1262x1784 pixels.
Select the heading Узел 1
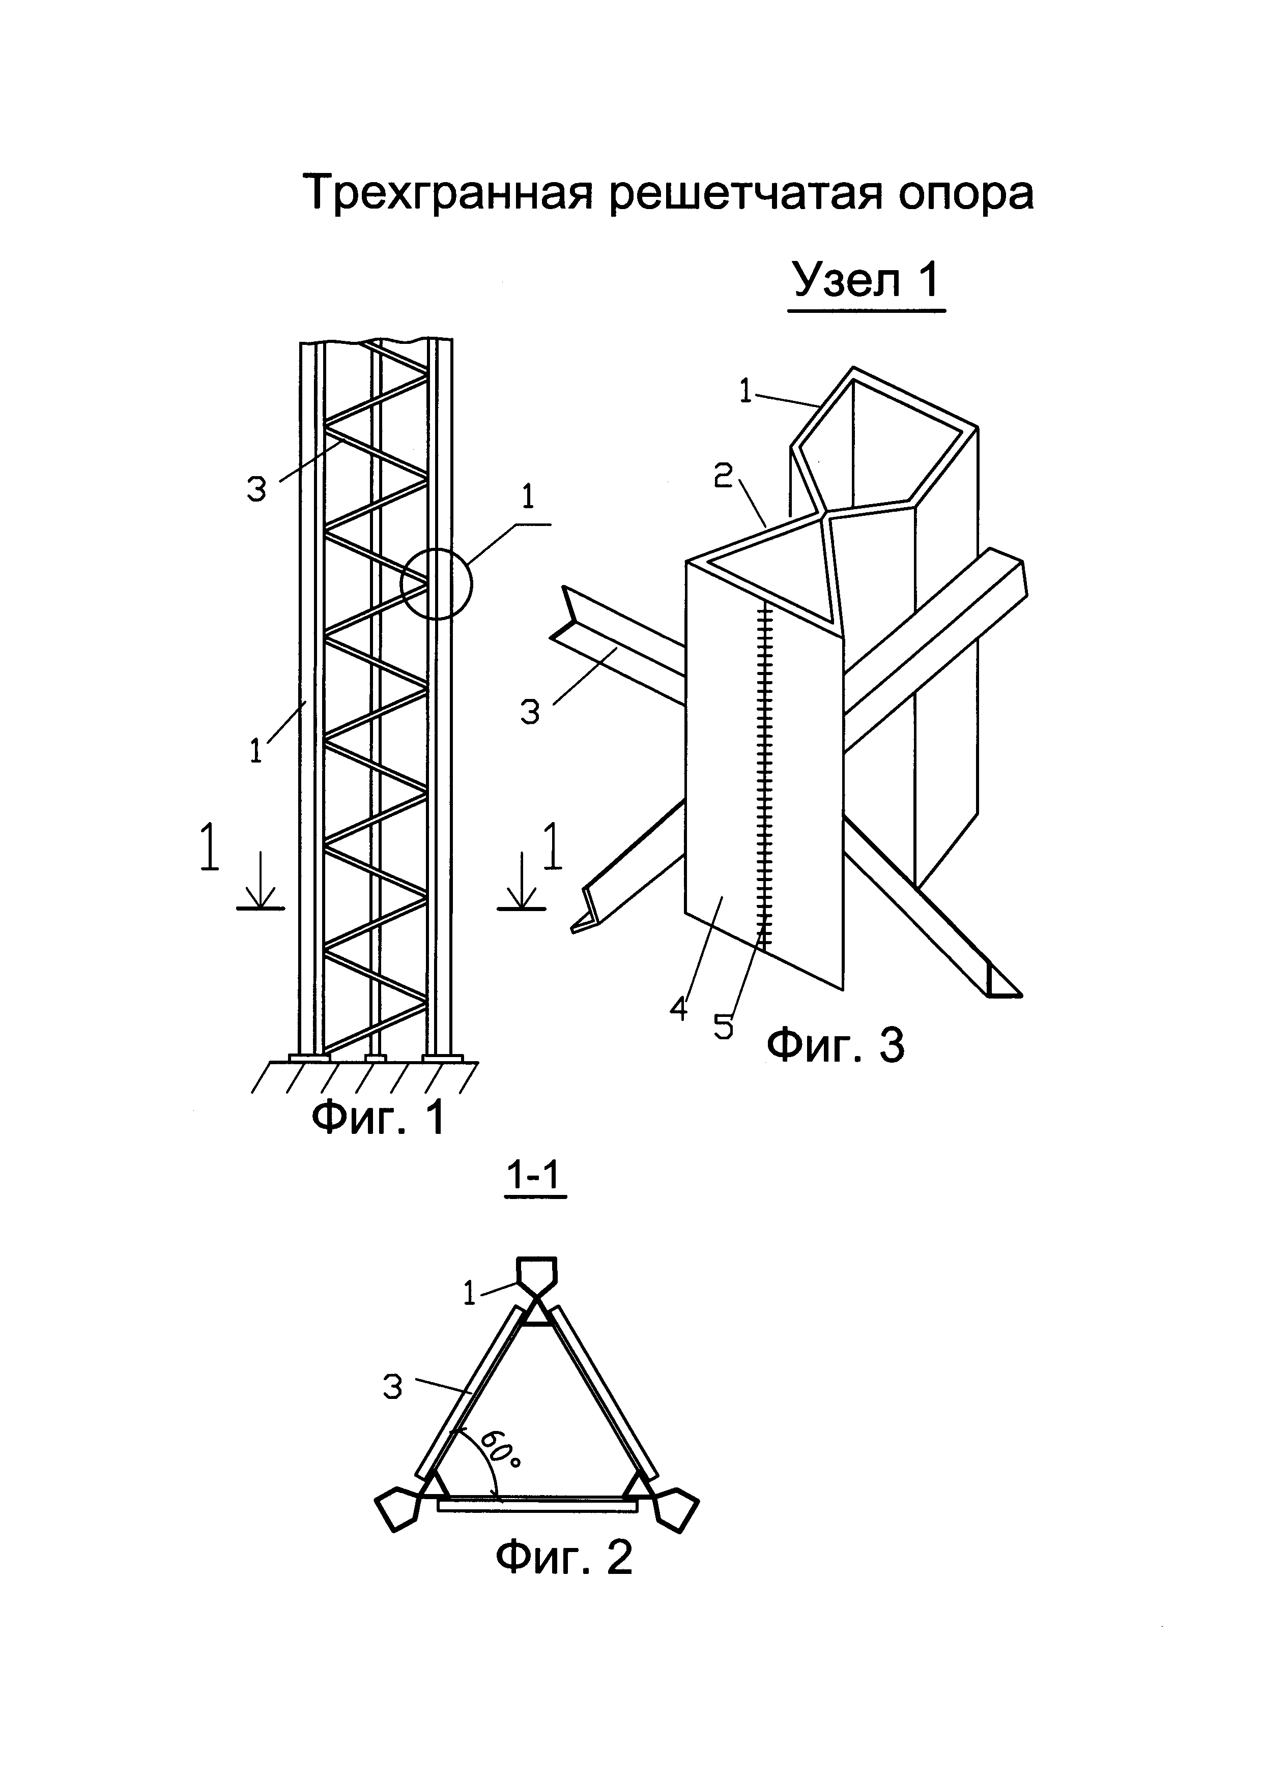click(x=867, y=280)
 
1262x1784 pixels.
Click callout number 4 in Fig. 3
click(x=679, y=1009)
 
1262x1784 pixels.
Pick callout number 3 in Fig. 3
click(x=530, y=713)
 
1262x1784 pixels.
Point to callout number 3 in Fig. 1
click(x=256, y=489)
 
